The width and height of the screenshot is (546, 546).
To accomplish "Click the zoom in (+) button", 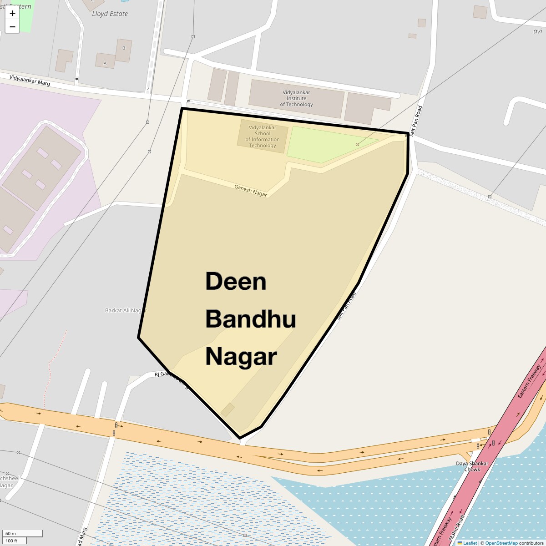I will [12, 13].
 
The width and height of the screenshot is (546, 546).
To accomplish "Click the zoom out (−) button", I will [12, 27].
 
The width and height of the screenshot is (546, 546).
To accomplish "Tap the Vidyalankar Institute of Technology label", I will [296, 98].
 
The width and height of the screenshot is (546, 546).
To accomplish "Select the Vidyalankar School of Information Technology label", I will [263, 136].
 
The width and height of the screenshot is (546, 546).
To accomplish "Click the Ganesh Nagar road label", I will [251, 190].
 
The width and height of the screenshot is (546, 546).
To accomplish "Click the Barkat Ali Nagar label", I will [126, 310].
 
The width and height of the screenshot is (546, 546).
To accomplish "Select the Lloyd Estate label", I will [110, 14].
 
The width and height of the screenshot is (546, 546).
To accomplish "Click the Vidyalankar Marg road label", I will [30, 81].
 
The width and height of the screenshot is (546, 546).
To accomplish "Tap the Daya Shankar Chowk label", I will [472, 466].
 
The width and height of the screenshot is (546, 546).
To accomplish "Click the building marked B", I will [123, 48].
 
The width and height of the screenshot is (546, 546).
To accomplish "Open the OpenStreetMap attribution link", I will [501, 543].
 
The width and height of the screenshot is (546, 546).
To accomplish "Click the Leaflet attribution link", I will [470, 543].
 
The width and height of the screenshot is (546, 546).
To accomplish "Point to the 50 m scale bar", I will [23, 533].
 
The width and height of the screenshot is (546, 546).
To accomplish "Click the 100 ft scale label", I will [11, 541].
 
